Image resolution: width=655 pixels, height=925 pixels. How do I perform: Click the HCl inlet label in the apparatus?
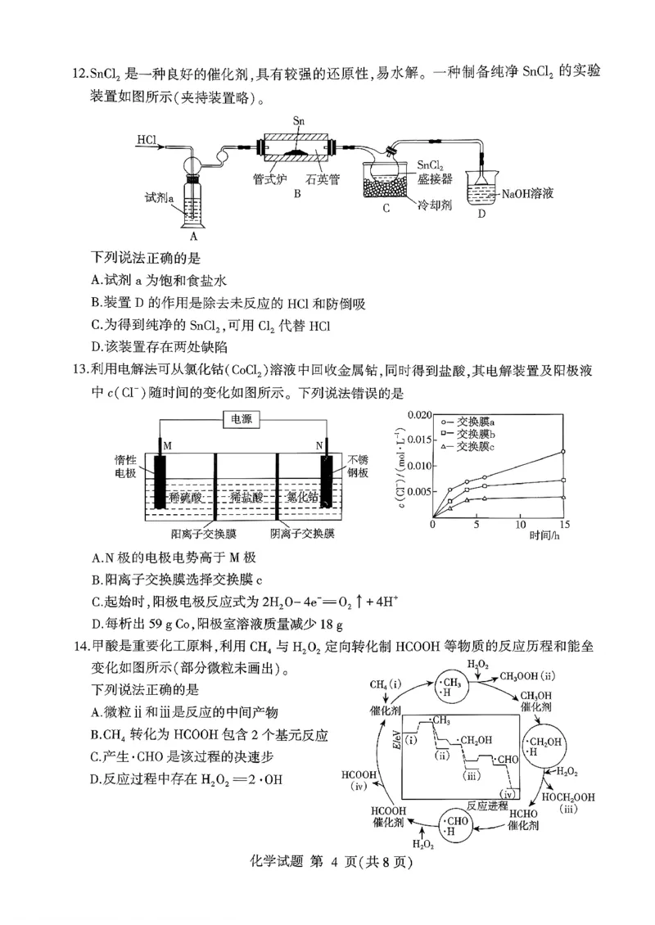click(147, 139)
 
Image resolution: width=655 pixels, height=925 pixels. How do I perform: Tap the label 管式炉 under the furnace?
click(270, 174)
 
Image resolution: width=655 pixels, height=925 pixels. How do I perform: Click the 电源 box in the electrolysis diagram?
click(242, 419)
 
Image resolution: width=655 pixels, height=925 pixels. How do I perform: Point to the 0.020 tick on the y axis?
click(417, 415)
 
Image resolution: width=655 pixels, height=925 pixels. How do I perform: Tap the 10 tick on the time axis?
click(520, 525)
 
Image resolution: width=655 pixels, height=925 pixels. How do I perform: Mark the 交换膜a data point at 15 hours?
click(564, 452)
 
